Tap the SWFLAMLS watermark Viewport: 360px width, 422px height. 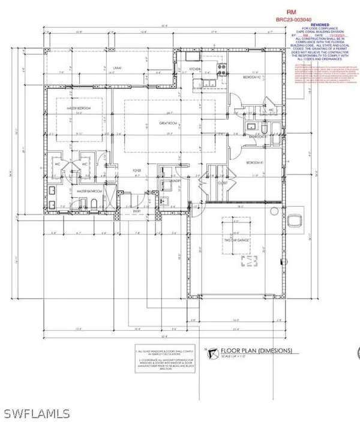click(x=38, y=412)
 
